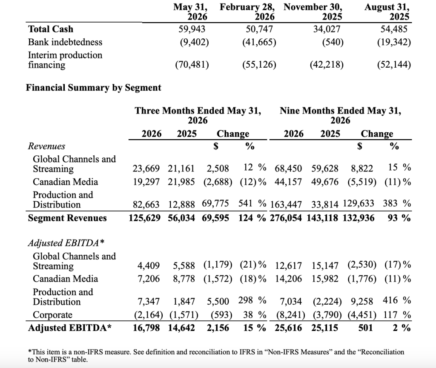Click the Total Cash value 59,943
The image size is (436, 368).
click(192, 29)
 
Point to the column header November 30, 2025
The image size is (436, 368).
click(313, 11)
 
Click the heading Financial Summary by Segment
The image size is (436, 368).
click(93, 88)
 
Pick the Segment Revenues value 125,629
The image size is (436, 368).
click(145, 218)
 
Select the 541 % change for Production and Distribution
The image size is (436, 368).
click(252, 203)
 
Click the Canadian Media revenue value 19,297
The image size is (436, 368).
click(146, 182)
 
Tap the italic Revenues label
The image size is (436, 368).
click(46, 146)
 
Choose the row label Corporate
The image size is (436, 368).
click(52, 315)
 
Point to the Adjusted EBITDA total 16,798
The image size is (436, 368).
click(146, 328)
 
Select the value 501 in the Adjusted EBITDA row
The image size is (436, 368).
click(365, 328)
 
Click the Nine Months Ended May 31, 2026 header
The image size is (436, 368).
click(340, 115)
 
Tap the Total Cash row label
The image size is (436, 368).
click(51, 29)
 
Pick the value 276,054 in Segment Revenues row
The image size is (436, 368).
click(286, 218)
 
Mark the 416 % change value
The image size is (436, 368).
click(397, 300)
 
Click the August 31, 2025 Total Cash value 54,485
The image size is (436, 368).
click(394, 29)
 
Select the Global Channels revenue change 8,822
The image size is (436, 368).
click(362, 168)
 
